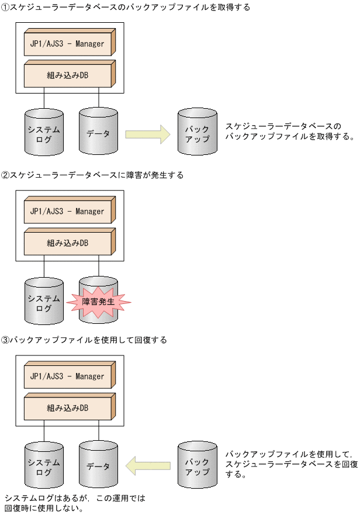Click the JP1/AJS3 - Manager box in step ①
coord(67,43)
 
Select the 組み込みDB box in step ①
coord(67,74)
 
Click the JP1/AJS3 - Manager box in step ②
coord(67,211)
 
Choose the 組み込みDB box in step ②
coord(67,242)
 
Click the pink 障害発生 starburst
coord(98,302)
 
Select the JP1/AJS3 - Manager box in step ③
coord(67,376)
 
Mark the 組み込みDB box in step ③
coord(67,407)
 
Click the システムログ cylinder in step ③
coord(44,466)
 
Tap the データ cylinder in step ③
coord(98,466)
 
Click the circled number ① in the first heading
coord(5,7)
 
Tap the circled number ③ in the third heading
coord(5,340)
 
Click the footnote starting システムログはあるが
coord(75,503)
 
